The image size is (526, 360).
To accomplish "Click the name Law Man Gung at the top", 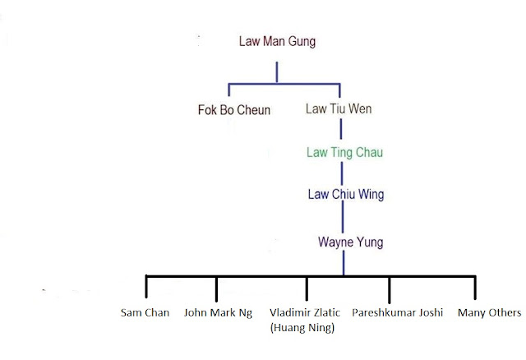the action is point(277,40).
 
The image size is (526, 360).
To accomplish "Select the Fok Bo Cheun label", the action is point(234,109).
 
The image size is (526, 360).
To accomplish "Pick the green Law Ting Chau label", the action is point(344,152).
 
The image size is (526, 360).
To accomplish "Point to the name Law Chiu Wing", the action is point(345,195).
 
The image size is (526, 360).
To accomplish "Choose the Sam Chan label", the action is point(145,312).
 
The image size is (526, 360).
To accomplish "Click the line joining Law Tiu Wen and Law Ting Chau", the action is point(342,131).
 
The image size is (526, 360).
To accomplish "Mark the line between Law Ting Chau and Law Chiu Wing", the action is point(342,173).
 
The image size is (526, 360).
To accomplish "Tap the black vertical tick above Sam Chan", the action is point(146,287).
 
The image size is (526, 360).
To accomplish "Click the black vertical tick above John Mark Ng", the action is point(216,287).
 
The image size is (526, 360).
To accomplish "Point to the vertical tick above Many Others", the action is point(475,287).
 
